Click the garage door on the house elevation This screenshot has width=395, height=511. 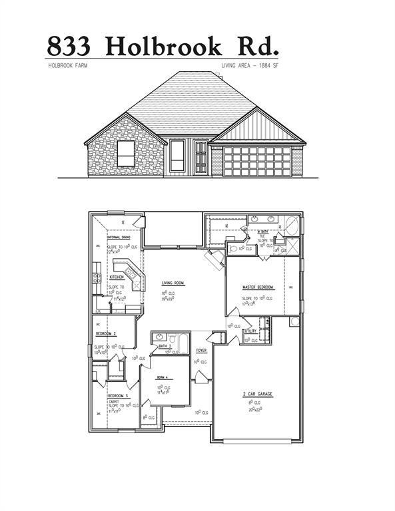pos(256,161)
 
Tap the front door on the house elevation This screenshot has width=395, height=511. pos(200,157)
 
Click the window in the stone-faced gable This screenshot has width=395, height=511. pos(126,154)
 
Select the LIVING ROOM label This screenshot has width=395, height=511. pos(173,283)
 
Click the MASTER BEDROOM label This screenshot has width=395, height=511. pos(257,287)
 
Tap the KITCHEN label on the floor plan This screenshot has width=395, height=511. pos(117,277)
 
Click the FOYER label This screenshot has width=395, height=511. pos(200,350)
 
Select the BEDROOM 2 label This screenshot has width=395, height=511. pos(106,333)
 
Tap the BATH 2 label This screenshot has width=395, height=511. pos(165,346)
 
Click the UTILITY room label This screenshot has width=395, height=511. pos(250,331)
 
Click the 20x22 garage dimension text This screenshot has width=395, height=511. pos(256,409)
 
